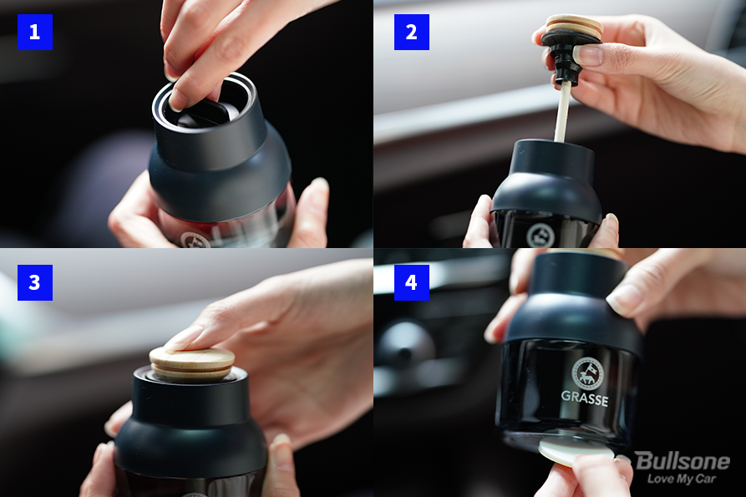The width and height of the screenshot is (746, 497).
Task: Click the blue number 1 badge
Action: point(35,32)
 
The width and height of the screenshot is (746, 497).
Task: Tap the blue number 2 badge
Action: point(412,32)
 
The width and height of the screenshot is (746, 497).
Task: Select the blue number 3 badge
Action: point(35,282)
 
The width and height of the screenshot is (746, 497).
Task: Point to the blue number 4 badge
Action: point(412,282)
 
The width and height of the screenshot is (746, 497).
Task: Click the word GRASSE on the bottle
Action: point(585,398)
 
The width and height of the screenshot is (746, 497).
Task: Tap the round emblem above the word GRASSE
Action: point(587,373)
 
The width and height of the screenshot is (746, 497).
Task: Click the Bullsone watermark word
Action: point(683,461)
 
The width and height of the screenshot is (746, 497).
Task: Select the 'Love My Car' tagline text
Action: point(682,479)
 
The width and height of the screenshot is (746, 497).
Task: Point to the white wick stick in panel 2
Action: point(563,112)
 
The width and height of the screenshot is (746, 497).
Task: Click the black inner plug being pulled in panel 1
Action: point(205,114)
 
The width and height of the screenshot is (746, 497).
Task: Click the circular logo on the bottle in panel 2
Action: point(541,236)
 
